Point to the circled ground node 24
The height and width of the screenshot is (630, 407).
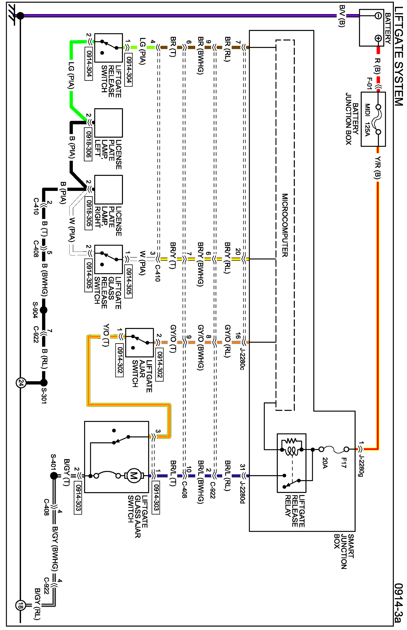coord(21,383)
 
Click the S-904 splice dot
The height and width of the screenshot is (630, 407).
coord(44,310)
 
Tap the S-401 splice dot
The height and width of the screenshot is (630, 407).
coord(54,476)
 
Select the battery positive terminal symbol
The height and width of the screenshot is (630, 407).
coord(378,39)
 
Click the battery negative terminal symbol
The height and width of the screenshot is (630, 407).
coord(378,16)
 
